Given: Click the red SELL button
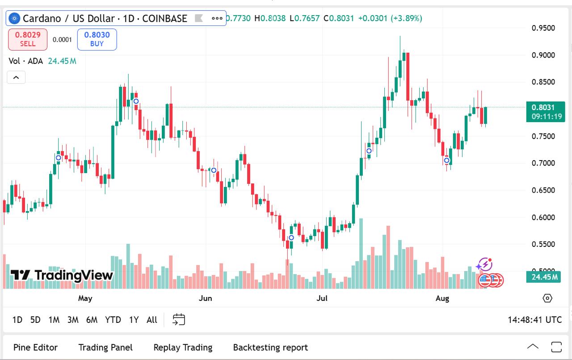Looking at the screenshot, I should point(28,39).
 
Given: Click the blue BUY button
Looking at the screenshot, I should point(97,39).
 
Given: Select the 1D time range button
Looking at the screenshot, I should point(17,320).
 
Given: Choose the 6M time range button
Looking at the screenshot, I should point(92,320).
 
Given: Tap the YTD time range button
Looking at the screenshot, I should point(113,320).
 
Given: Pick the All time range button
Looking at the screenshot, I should point(152,320).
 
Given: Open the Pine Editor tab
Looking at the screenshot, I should point(35,347).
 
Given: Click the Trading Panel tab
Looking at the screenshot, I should point(105,347).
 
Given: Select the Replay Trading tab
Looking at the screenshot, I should point(183,347).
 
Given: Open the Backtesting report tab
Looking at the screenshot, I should point(270,347).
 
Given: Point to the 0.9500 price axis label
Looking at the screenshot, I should point(543,28).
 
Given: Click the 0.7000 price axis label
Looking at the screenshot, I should point(543,163).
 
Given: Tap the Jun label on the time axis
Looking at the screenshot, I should point(205,298).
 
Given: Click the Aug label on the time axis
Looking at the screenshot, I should point(442,298).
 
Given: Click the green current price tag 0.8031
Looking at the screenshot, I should point(546,111).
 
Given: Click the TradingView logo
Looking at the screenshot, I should point(62,275).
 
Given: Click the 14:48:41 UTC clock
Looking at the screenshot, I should point(534,320).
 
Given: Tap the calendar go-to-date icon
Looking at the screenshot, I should point(179,319).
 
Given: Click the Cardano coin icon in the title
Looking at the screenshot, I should point(15,18).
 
